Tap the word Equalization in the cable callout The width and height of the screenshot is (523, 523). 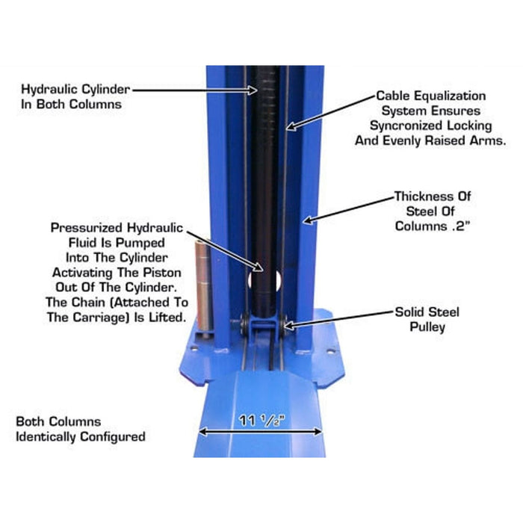[x=450, y=96]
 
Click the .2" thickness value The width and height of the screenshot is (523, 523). [x=461, y=226]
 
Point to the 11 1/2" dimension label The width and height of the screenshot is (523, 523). [x=262, y=420]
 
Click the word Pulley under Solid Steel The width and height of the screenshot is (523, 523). [x=427, y=327]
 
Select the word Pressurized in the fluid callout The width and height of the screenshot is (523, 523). [x=87, y=228]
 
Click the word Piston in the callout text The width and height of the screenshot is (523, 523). [x=162, y=273]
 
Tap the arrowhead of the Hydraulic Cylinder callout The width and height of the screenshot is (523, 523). [x=253, y=90]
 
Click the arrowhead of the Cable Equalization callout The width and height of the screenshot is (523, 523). [x=291, y=126]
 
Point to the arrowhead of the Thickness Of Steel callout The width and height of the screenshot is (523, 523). [x=308, y=220]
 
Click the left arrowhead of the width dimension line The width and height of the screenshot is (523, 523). [x=202, y=432]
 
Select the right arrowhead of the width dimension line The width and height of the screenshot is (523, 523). [x=318, y=432]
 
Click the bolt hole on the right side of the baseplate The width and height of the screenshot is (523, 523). [x=330, y=352]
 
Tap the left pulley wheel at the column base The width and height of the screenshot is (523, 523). [x=244, y=324]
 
